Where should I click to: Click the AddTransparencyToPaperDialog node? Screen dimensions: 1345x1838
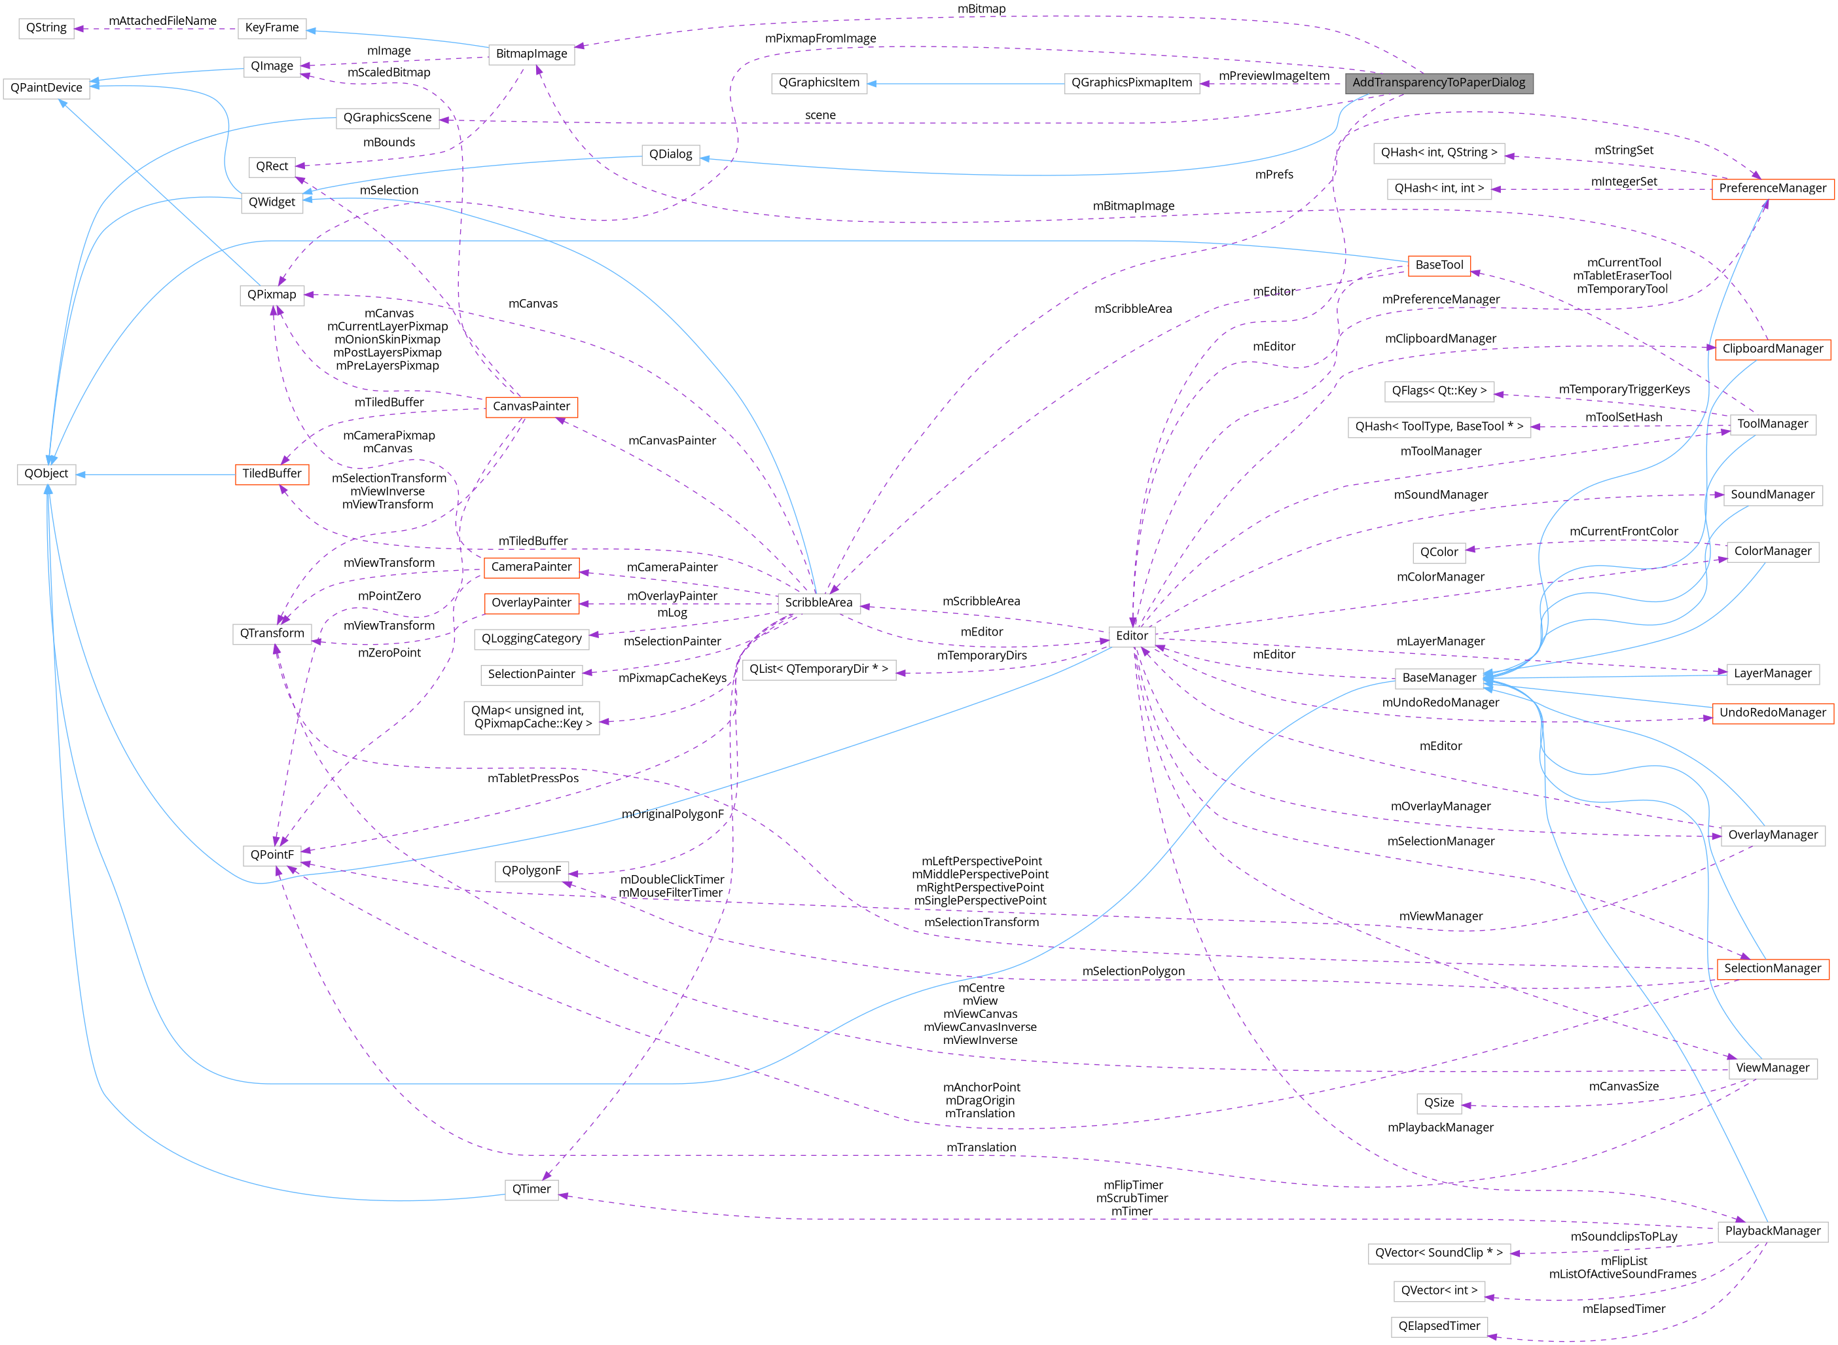(x=1438, y=83)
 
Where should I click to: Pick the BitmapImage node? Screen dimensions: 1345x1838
(x=531, y=54)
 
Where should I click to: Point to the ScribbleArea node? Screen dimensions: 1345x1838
(x=818, y=603)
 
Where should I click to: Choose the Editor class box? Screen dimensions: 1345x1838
(x=1132, y=637)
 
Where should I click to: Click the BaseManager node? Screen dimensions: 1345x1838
(x=1438, y=678)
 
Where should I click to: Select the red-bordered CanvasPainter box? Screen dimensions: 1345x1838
(x=531, y=407)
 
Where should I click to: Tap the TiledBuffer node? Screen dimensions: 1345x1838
(x=272, y=474)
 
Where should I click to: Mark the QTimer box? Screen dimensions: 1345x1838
(x=531, y=1189)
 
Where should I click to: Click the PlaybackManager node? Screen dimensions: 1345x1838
(x=1772, y=1231)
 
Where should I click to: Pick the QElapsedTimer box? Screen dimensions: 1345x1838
(x=1438, y=1326)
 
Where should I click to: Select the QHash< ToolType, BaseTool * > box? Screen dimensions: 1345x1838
(x=1438, y=427)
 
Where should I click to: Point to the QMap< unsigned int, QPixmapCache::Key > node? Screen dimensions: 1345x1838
(x=532, y=717)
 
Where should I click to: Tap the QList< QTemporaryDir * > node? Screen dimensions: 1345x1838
(x=818, y=670)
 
